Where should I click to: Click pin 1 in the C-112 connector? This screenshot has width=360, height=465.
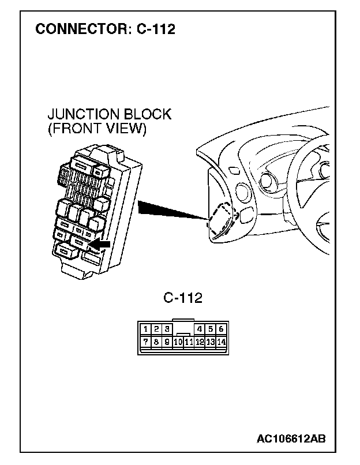[147, 329]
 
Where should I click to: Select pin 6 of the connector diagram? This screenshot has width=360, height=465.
[220, 329]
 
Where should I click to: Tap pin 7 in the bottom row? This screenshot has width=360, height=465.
[147, 341]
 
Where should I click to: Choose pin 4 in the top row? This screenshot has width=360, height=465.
[200, 329]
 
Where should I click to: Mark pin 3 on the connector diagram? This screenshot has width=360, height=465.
[167, 329]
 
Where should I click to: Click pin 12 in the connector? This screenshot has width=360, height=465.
[200, 342]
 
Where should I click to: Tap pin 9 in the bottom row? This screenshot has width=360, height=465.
[167, 342]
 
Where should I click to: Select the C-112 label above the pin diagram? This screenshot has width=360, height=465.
[183, 298]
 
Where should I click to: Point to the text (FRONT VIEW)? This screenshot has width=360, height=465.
[96, 128]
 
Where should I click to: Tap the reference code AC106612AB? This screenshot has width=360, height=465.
[291, 439]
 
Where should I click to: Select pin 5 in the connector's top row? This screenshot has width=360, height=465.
[210, 329]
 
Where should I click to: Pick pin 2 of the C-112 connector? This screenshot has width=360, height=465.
[157, 329]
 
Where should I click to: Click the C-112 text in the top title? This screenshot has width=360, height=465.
[156, 29]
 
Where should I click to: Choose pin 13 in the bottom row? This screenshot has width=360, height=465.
[210, 342]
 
